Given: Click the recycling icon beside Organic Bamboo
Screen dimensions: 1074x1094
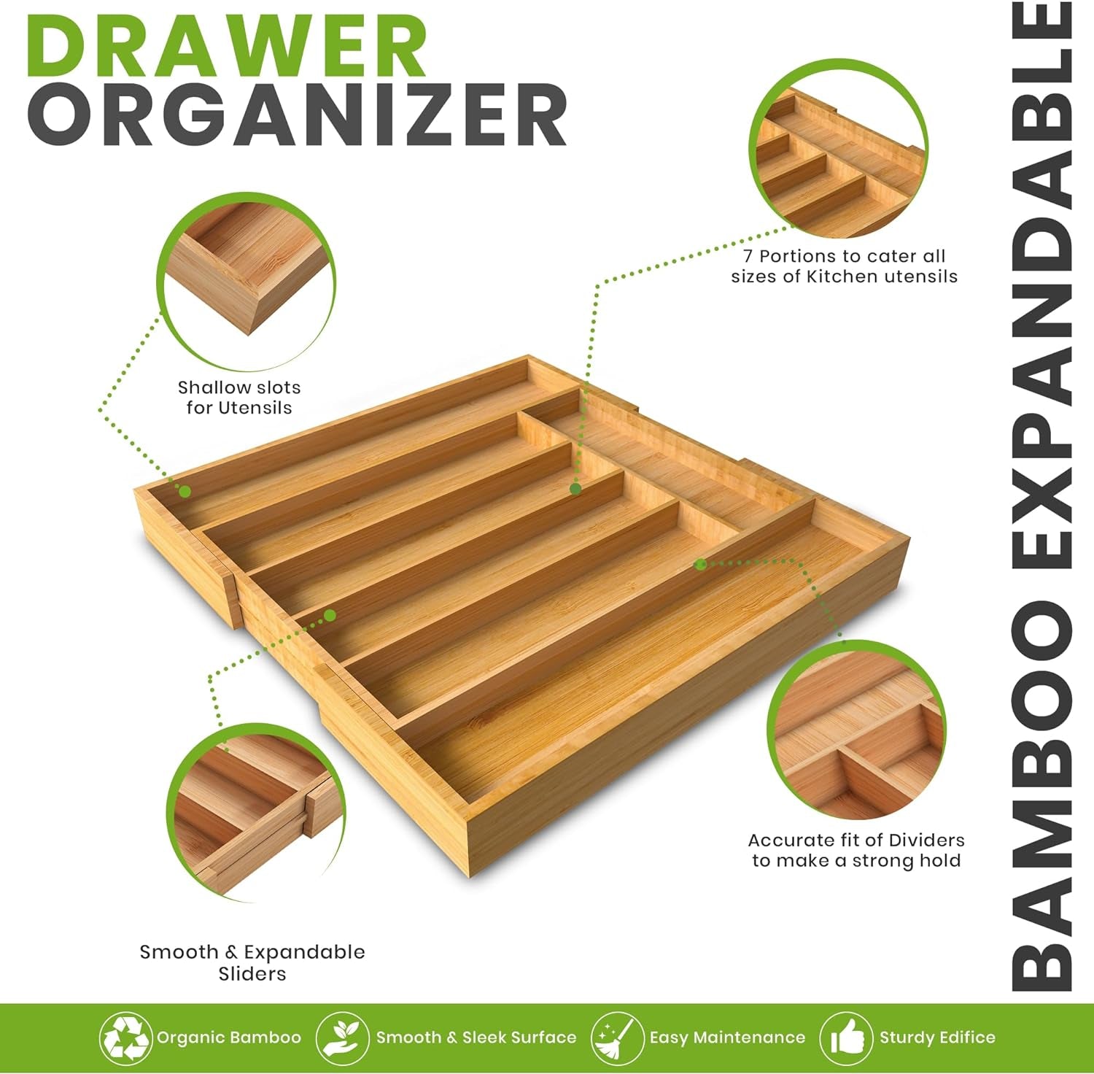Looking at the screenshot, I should pyautogui.click(x=125, y=1037).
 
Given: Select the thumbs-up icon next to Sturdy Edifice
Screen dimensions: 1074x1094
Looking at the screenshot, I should pyautogui.click(x=846, y=1037).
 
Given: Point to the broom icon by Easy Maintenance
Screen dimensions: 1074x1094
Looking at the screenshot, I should pyautogui.click(x=617, y=1037).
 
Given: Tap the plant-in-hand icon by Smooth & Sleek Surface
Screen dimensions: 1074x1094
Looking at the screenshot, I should pyautogui.click(x=342, y=1037).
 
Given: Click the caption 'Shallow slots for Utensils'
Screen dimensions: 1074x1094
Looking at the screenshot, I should pyautogui.click(x=239, y=398).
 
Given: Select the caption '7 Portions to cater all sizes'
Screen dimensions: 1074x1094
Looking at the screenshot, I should pyautogui.click(x=844, y=266).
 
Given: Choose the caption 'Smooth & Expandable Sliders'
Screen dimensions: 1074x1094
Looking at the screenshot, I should pyautogui.click(x=252, y=962).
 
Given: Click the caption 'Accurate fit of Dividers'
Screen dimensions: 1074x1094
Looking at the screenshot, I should pyautogui.click(x=856, y=851).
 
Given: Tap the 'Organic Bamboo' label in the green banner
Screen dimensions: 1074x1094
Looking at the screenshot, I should pyautogui.click(x=229, y=1038).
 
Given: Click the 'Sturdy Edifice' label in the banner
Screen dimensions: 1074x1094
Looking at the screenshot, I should pyautogui.click(x=937, y=1038).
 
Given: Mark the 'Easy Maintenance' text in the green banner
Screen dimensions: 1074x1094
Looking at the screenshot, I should pyautogui.click(x=727, y=1038).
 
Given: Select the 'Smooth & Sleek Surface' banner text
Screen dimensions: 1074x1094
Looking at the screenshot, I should pyautogui.click(x=476, y=1038).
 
